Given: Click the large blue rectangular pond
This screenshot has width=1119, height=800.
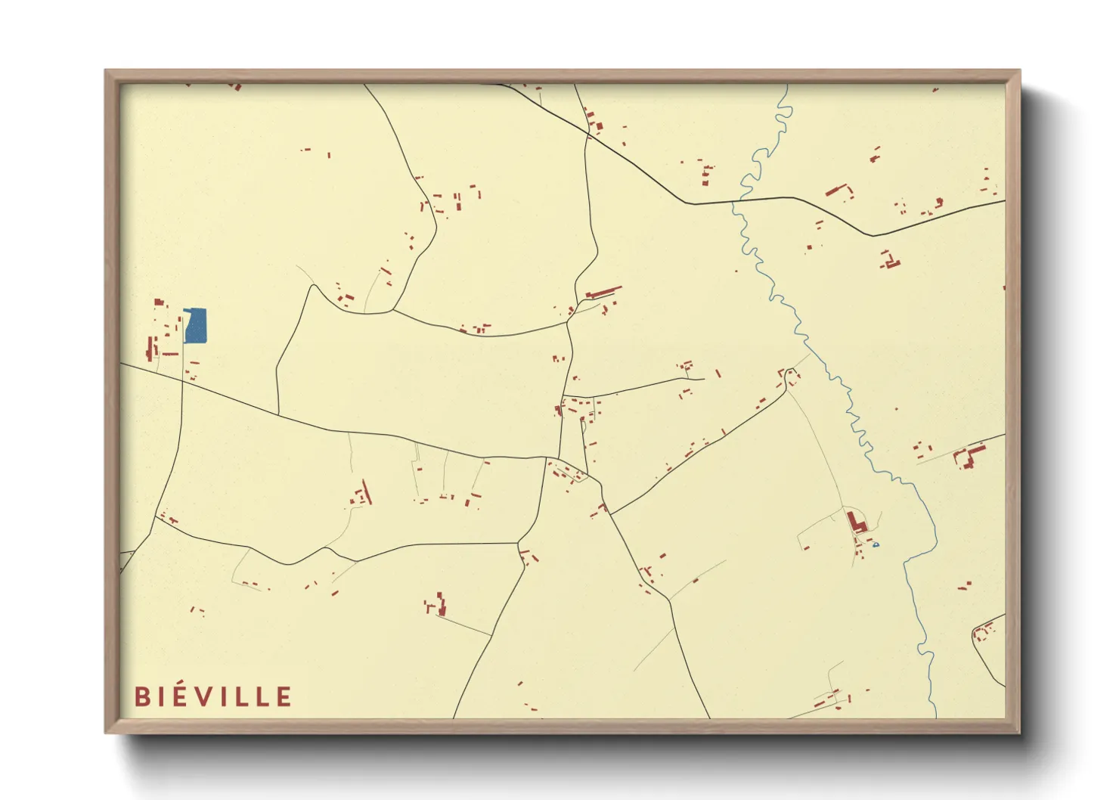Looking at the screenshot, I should click(196, 326).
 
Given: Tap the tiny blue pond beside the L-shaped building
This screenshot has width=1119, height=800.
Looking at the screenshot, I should click(876, 544).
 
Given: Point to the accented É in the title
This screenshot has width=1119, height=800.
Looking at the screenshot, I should click(179, 696).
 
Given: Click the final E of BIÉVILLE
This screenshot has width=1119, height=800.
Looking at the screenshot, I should click(284, 696).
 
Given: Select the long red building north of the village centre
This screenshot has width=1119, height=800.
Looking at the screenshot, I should click(603, 292).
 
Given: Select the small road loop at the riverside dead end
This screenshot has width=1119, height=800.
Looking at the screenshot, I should click(791, 374).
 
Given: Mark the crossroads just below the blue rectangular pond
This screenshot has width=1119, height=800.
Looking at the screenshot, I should click(182, 382).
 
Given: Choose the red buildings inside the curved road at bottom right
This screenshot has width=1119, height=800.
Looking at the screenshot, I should click(984, 631).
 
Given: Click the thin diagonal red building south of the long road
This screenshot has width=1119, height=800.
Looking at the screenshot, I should click(367, 491).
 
